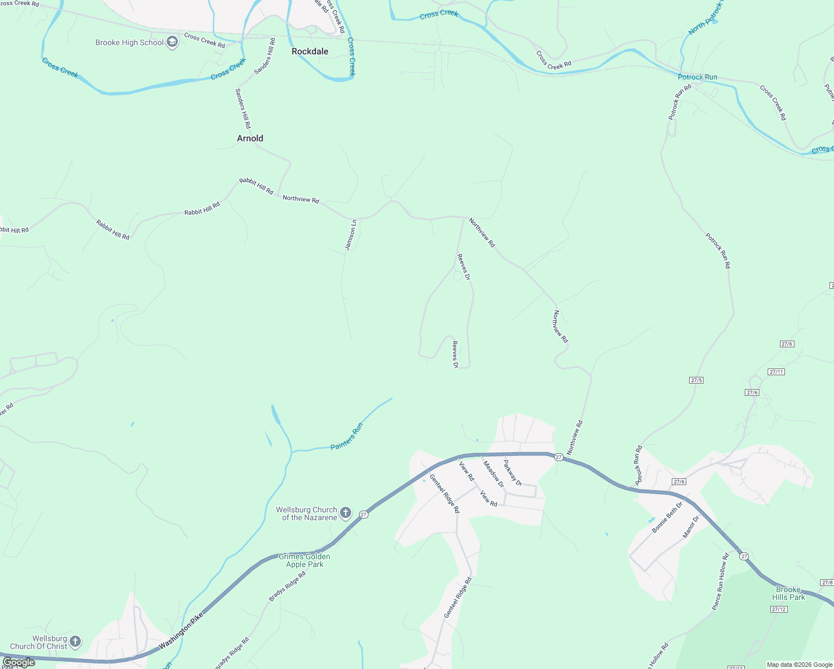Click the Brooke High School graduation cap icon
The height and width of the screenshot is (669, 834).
tap(172, 42)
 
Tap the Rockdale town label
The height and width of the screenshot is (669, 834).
tap(310, 51)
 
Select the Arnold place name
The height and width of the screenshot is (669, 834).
tap(250, 138)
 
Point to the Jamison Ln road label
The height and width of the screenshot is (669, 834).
tap(351, 235)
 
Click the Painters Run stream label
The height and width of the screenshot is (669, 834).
tap(347, 437)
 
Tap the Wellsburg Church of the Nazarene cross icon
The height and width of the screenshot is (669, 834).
tap(346, 513)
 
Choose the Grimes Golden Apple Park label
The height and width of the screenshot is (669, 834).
tap(304, 560)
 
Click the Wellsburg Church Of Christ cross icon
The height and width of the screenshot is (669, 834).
tap(75, 642)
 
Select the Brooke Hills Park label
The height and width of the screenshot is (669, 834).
tap(788, 593)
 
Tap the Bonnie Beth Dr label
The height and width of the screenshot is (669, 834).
tap(667, 517)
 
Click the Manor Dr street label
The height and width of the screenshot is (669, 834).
tap(691, 527)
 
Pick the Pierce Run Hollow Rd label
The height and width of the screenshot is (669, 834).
tap(720, 581)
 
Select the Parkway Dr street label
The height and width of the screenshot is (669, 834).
tap(512, 472)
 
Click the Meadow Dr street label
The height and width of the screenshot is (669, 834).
tap(493, 474)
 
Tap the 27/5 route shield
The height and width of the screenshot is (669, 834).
tap(696, 380)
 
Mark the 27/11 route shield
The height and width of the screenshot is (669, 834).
tap(776, 372)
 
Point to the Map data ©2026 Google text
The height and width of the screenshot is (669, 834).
tap(799, 665)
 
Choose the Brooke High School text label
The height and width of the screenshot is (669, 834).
tap(129, 42)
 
